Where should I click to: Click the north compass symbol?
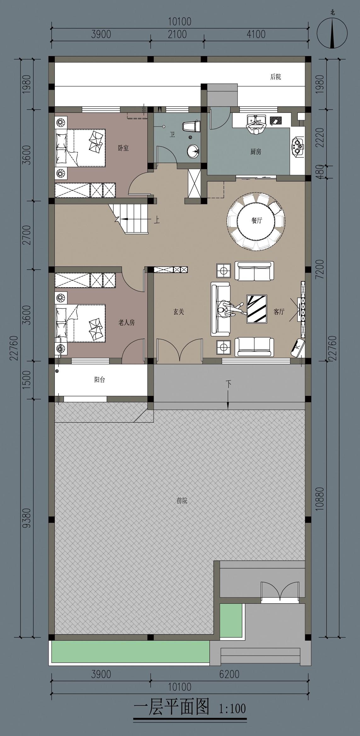332,32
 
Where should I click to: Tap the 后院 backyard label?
275,77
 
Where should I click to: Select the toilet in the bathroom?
191,127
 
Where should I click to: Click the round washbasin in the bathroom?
193,151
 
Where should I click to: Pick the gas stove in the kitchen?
298,145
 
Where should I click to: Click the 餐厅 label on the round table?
256,220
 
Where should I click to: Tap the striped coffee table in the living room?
257,309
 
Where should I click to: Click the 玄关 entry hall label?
178,312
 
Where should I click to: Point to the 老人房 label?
126,322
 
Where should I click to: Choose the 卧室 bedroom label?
123,148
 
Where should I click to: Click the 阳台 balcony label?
100,379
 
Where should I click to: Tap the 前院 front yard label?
182,500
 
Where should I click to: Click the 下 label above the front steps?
228,384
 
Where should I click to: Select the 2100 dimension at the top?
177,34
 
